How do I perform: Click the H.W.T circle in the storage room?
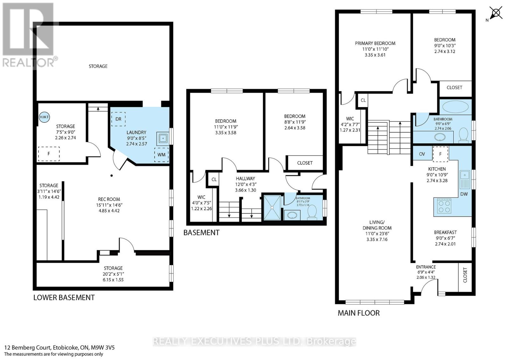(44, 117)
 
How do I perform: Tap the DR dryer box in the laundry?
(118, 119)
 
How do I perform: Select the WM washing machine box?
(161, 155)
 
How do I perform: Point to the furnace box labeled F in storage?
(49, 154)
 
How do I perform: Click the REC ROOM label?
(109, 199)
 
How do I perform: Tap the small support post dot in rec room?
(111, 175)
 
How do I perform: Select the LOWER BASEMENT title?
(64, 298)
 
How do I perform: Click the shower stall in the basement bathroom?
(272, 207)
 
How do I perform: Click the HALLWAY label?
(245, 179)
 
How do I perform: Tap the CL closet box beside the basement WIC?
(214, 179)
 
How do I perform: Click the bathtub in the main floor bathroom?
(455, 107)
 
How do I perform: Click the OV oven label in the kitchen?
(422, 154)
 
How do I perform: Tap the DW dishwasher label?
(464, 194)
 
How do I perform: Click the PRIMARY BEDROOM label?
(375, 43)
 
